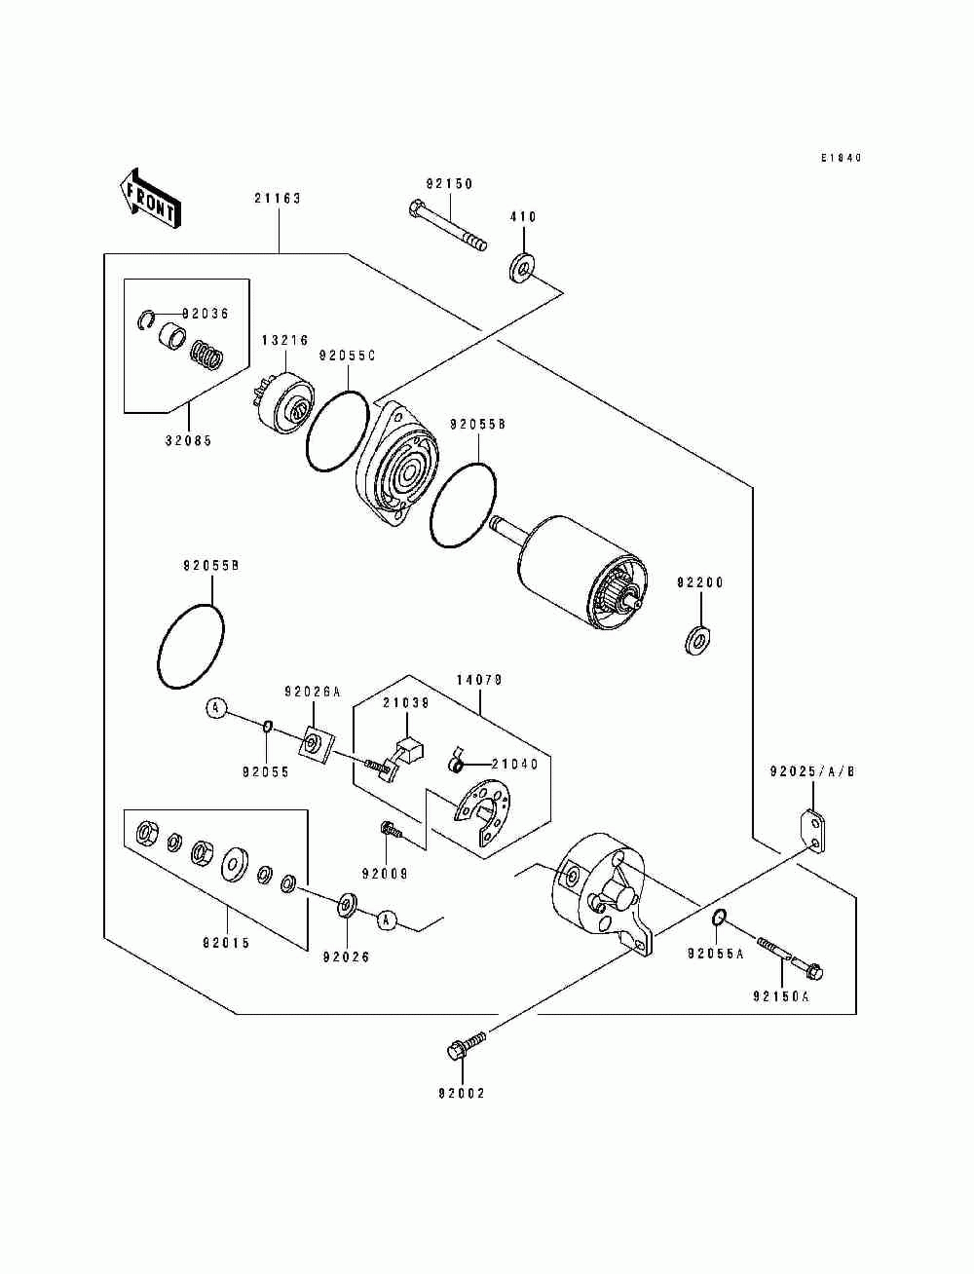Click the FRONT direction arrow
coord(150,199)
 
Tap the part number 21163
coord(278,199)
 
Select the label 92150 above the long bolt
coord(450,184)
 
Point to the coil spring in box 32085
coord(206,354)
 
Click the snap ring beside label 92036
coord(147,319)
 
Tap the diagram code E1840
coord(842,158)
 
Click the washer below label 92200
coord(699,639)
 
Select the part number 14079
coord(479,680)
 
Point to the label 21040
coord(515,765)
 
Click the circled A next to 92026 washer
coord(388,920)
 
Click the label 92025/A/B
coord(812,772)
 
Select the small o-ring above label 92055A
coord(718,918)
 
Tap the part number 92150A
coord(781,996)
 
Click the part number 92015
coord(226,943)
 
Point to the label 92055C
coord(348,356)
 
